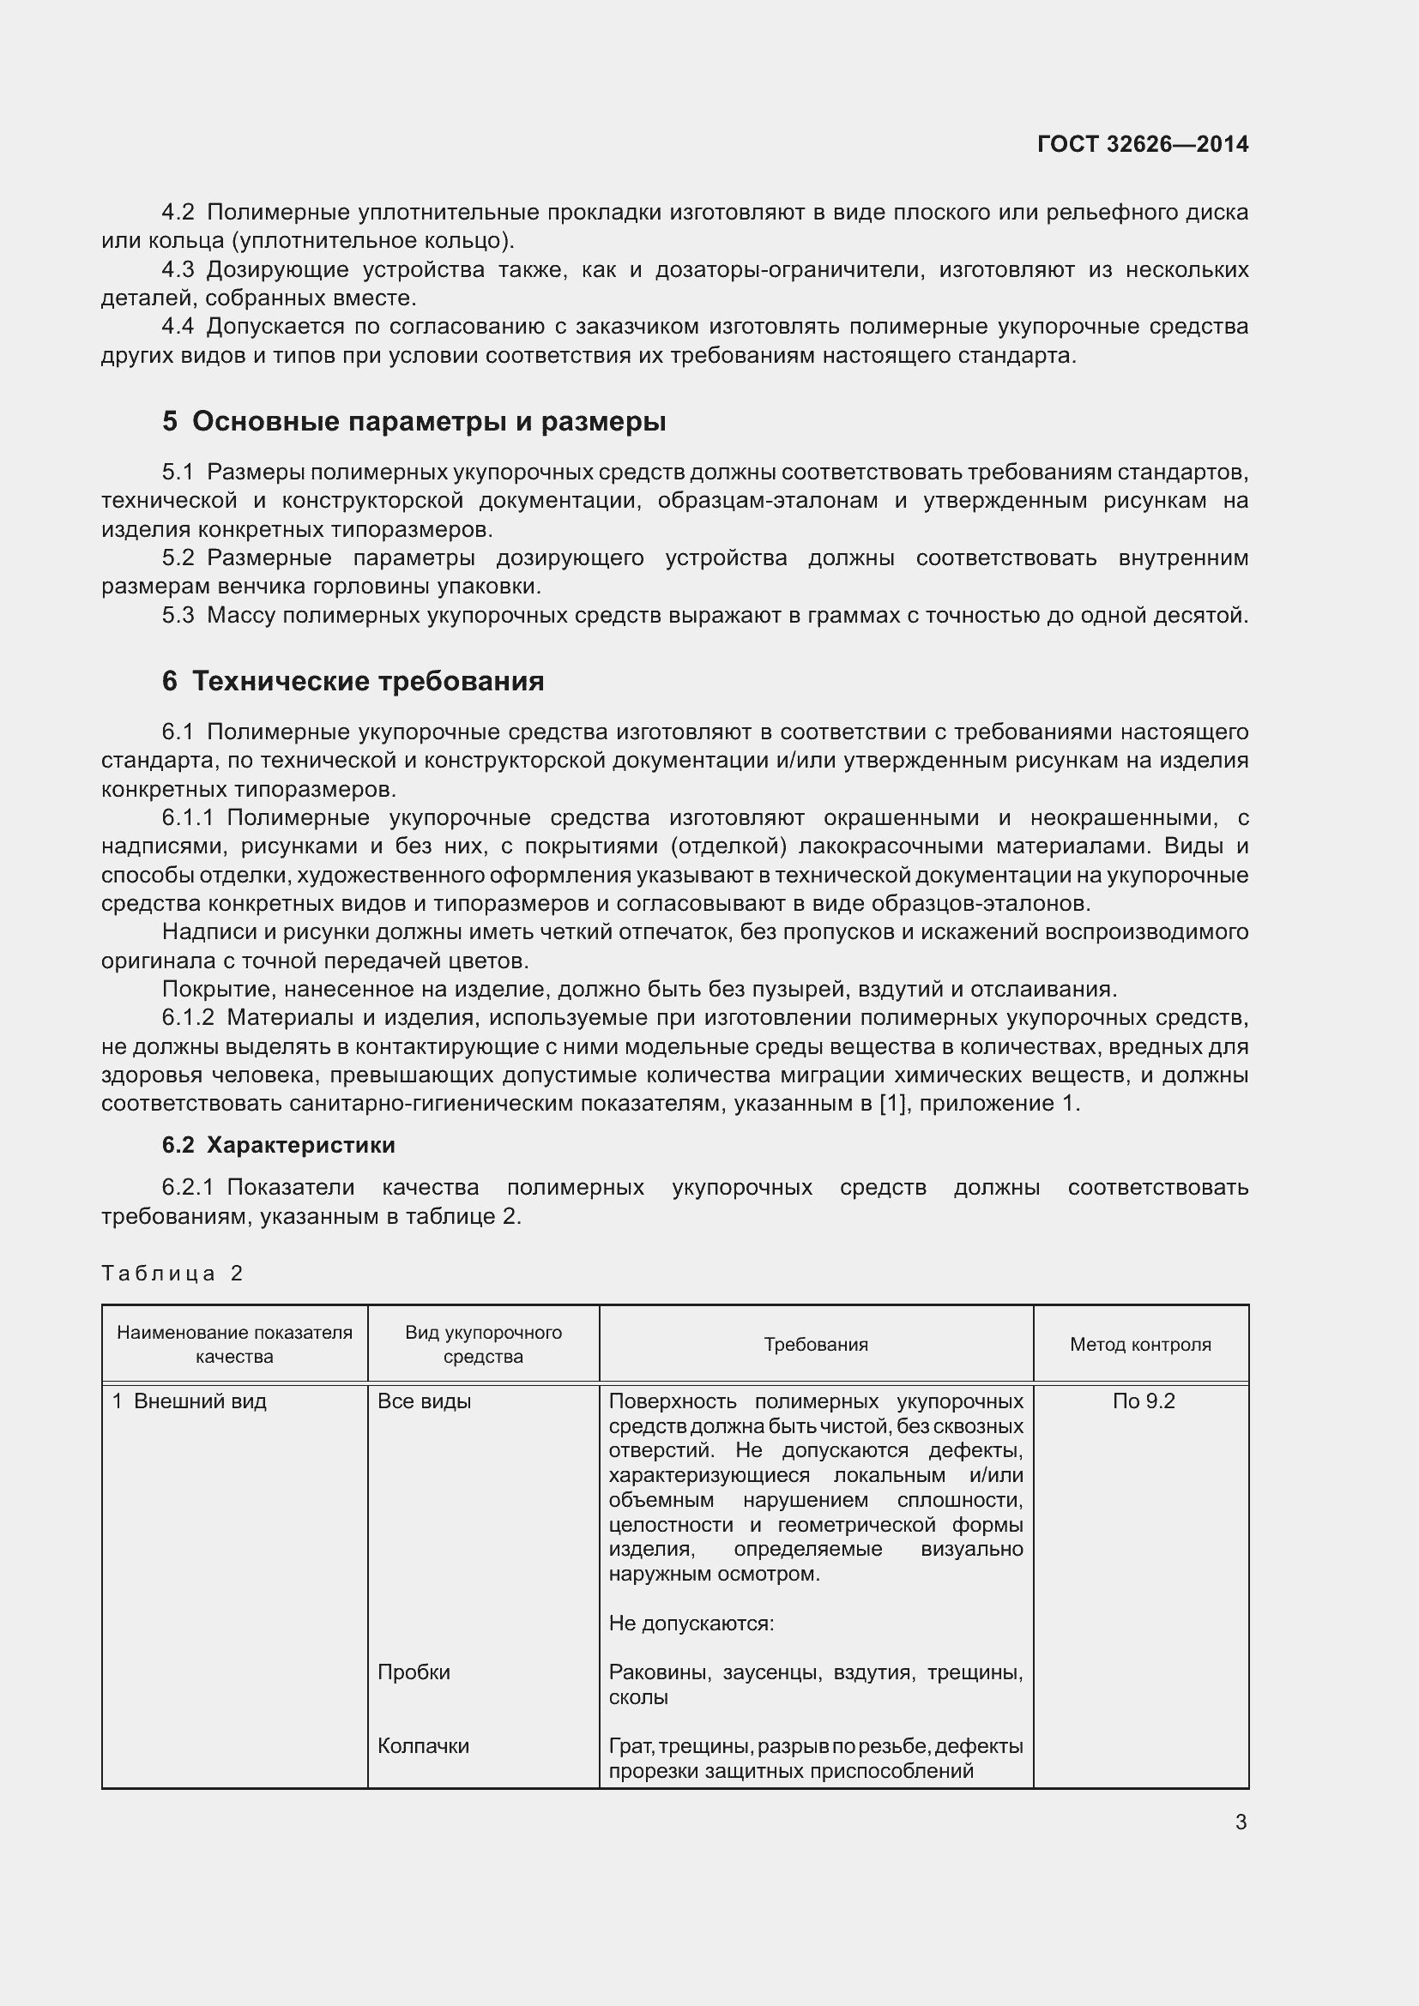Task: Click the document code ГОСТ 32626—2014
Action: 1142,144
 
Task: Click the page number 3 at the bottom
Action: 1241,1822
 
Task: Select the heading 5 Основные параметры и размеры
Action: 414,421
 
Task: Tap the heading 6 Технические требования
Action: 352,681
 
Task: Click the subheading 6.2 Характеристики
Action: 278,1145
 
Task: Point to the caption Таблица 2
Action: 172,1273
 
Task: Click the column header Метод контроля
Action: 1140,1345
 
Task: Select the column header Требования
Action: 815,1345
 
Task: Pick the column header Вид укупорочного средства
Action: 483,1345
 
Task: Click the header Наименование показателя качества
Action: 234,1345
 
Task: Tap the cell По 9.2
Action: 1143,1401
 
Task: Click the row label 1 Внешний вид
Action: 190,1401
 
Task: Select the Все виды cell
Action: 424,1401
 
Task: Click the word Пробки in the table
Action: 414,1672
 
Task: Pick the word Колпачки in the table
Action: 423,1745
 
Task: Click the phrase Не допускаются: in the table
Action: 691,1623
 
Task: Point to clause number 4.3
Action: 178,270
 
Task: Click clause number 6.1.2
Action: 188,1018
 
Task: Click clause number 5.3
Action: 178,616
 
